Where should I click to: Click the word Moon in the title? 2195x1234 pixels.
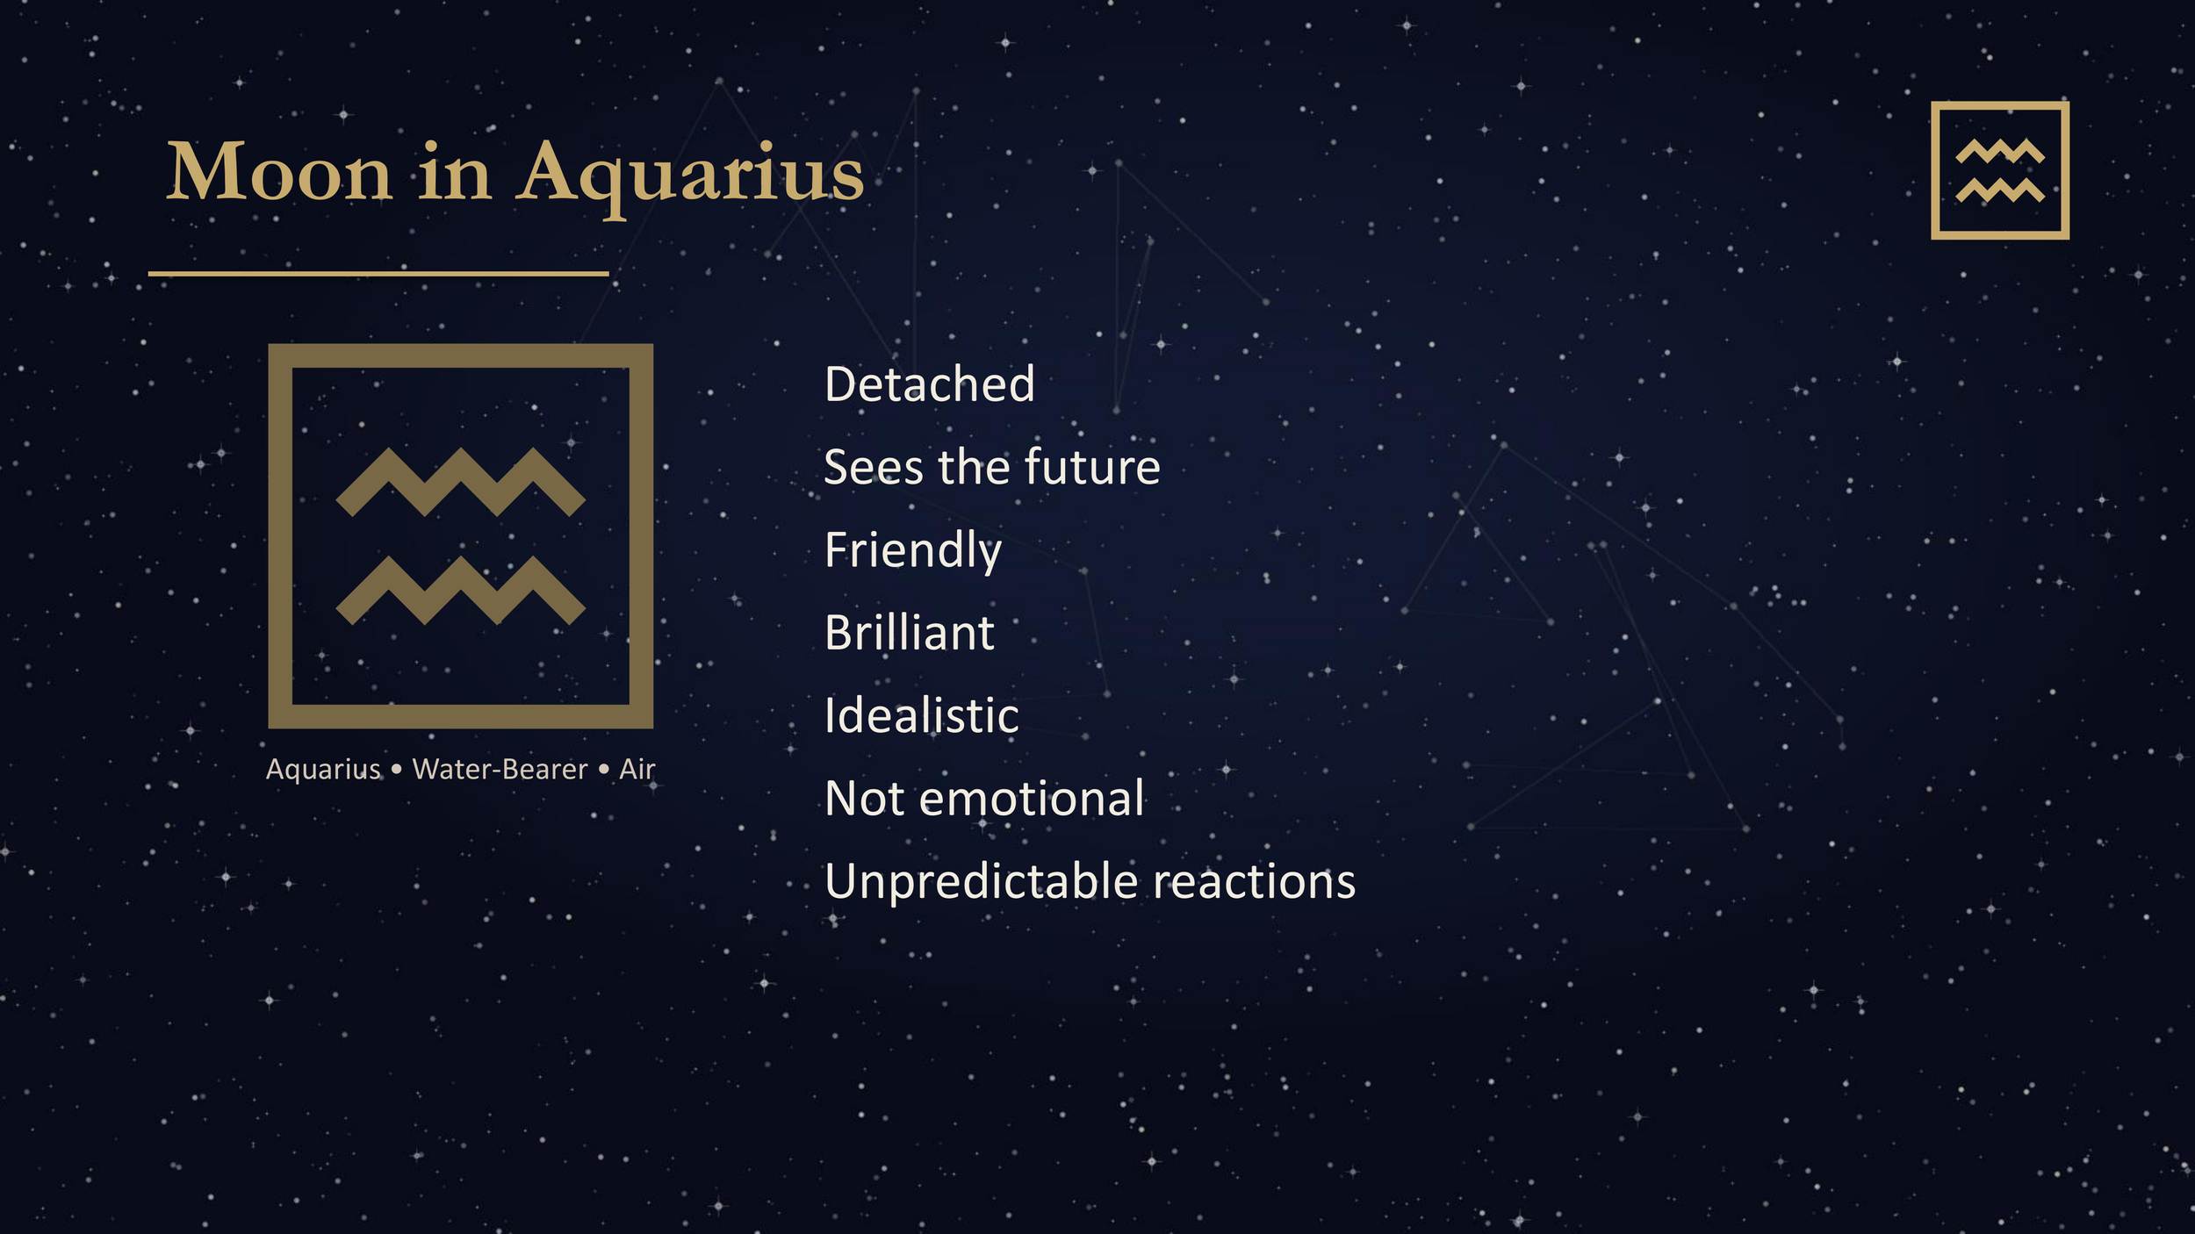(x=278, y=172)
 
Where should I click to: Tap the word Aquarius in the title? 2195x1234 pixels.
(x=691, y=174)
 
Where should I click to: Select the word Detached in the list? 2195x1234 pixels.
(x=930, y=384)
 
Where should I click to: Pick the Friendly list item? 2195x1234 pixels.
(x=913, y=551)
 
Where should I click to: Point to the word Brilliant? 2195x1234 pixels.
(x=910, y=633)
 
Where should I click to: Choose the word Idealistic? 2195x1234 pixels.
(x=922, y=715)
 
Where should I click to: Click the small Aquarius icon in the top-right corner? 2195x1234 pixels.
(x=2000, y=170)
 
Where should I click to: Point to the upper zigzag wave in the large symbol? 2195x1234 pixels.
(x=460, y=483)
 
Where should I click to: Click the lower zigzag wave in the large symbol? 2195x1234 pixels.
(x=460, y=592)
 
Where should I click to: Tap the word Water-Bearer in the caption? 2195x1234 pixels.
(x=500, y=770)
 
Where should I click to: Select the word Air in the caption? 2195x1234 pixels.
(x=637, y=770)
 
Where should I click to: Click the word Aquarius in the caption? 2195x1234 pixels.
(x=323, y=770)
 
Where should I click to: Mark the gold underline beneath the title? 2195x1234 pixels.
(x=378, y=274)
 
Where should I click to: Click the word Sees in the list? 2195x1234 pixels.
(x=874, y=467)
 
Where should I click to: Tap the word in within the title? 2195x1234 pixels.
(x=454, y=172)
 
